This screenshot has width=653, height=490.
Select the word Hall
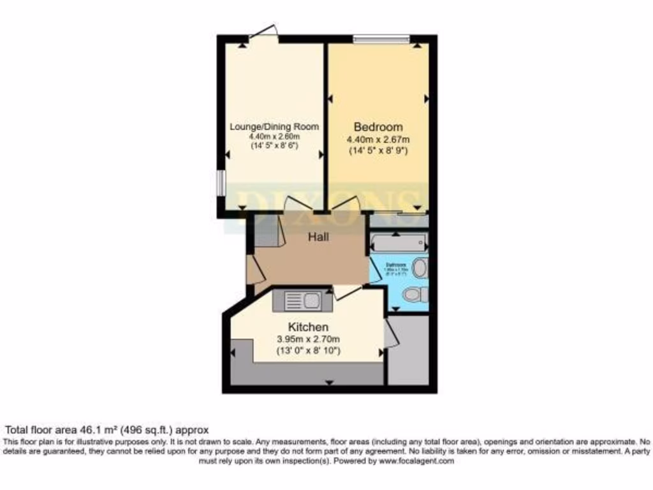coord(319,237)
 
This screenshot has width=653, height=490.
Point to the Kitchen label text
coord(307,327)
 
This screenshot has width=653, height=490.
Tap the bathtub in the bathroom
coord(398,244)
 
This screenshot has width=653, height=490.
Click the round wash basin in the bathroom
coord(420,268)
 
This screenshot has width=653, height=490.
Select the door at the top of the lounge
coord(263,33)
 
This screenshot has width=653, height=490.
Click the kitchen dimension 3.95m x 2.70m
coord(307,339)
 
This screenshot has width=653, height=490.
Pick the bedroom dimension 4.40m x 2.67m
coord(378,140)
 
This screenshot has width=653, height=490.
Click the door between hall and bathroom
coord(374,269)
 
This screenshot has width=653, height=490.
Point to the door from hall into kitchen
coord(347,291)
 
